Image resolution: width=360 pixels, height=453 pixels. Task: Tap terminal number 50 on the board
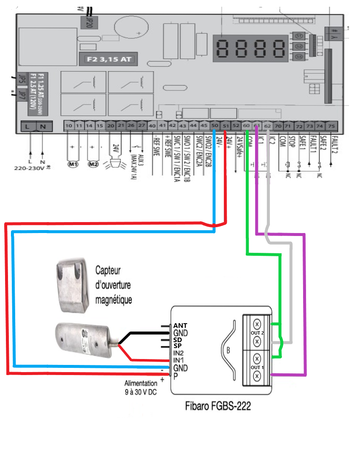click(x=215, y=126)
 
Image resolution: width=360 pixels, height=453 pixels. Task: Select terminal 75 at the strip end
click(x=331, y=126)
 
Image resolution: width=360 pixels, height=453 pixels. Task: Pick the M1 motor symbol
click(x=74, y=164)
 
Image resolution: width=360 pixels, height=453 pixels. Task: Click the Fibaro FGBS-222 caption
click(x=218, y=406)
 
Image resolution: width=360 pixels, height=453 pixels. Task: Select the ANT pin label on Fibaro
click(x=180, y=326)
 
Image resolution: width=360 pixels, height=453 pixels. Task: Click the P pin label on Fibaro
click(x=175, y=375)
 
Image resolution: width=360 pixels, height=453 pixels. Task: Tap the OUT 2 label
click(x=257, y=333)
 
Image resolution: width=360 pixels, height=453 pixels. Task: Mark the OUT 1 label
click(x=257, y=367)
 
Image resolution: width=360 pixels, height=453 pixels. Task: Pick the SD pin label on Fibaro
click(x=177, y=340)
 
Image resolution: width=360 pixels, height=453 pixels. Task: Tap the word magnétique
click(x=113, y=300)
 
